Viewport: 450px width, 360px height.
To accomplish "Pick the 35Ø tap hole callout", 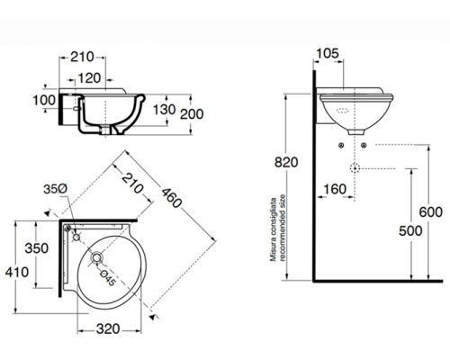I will [56, 189].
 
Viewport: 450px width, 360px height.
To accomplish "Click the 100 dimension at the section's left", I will [42, 99].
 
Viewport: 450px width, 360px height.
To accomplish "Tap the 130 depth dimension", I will [163, 110].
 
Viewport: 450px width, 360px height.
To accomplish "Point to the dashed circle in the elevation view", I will [355, 168].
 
